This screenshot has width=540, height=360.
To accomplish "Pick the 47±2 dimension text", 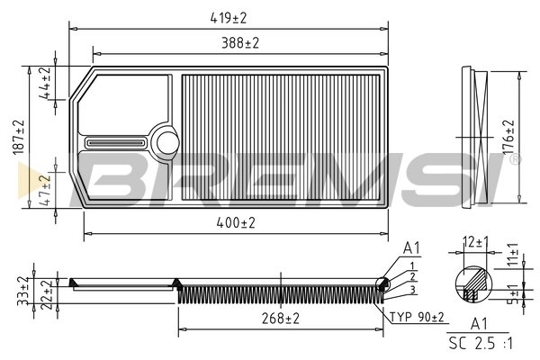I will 43,190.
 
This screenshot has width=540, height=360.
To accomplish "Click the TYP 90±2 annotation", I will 417,316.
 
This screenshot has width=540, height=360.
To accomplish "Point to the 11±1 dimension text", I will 513,256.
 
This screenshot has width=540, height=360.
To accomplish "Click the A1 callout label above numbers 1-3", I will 411,247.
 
